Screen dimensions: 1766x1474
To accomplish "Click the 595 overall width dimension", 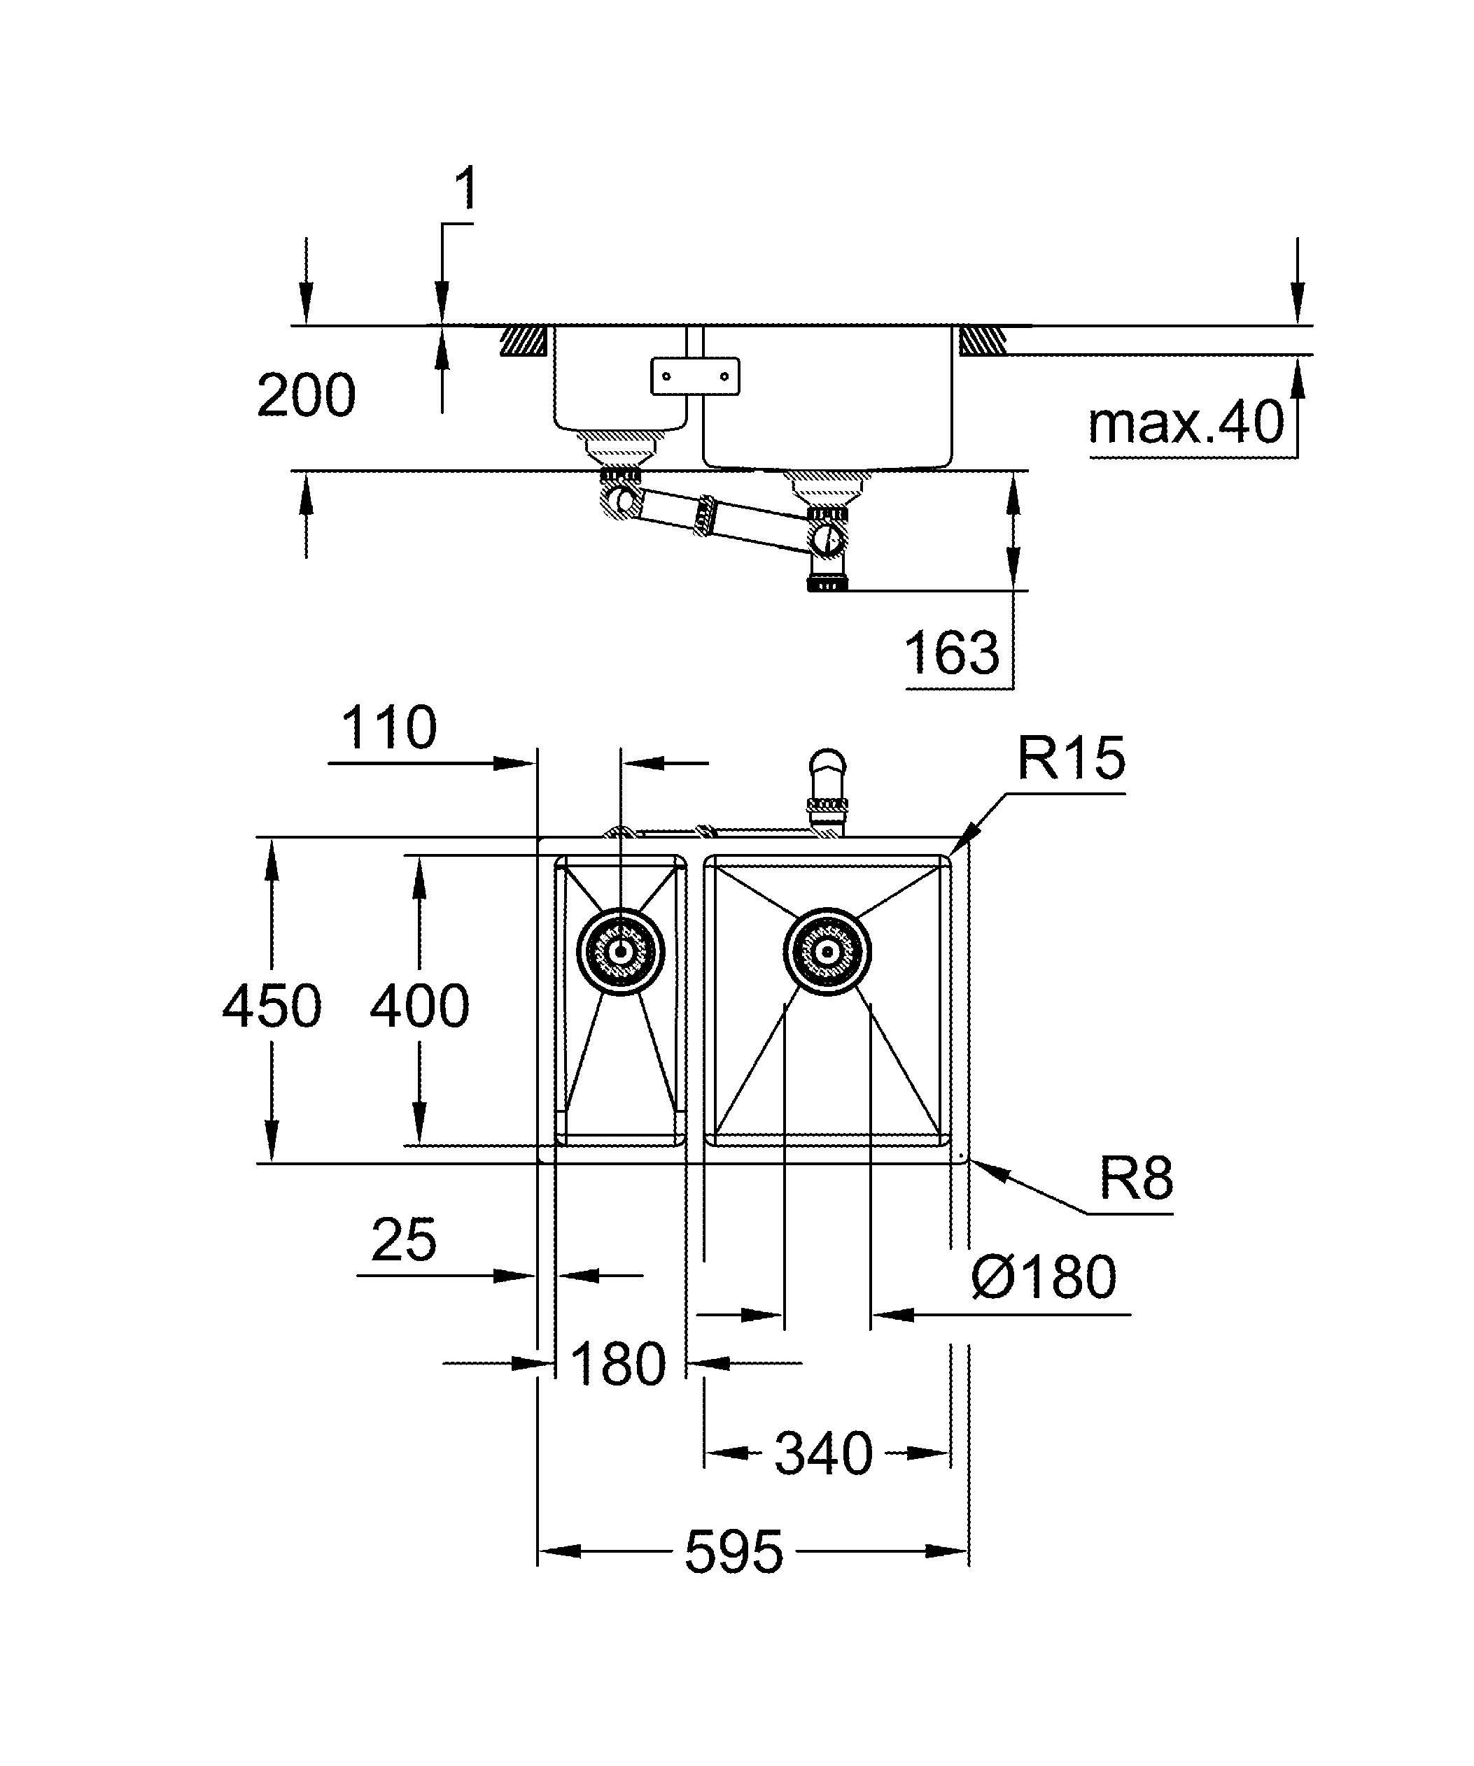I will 733,1551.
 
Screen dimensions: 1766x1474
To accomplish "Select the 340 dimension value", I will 824,1453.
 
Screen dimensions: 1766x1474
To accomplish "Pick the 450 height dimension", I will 271,1006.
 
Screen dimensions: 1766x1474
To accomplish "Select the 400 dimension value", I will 419,1006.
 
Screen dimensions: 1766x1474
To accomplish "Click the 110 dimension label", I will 388,727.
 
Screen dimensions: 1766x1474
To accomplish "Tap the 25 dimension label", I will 404,1239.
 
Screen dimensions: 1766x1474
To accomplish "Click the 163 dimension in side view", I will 953,653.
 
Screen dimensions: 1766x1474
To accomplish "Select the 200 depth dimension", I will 307,395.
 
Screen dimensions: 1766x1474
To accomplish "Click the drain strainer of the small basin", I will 621,952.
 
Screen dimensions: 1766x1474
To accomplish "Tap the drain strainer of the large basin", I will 827,952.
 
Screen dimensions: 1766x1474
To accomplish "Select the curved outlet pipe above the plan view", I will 827,786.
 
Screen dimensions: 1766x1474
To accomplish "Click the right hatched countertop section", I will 983,341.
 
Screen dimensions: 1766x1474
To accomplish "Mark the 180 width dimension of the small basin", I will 619,1364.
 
